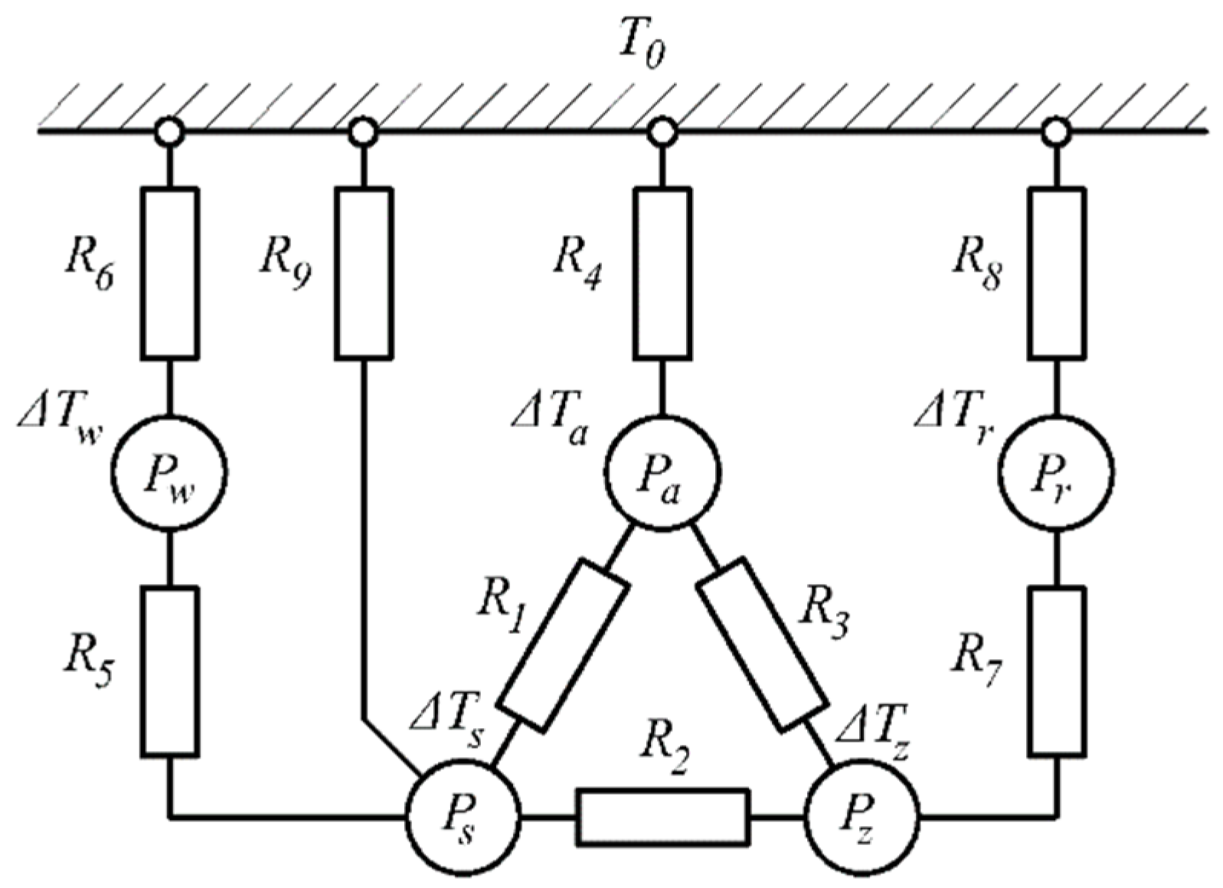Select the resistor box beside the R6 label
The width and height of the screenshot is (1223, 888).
[169, 273]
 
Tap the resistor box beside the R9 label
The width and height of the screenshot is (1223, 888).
[364, 273]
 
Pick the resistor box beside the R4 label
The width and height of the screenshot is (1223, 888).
[662, 273]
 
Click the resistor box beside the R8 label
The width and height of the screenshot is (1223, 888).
[1056, 273]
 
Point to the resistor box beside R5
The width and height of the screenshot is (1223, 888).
[169, 671]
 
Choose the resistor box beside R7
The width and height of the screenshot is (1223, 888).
[1056, 671]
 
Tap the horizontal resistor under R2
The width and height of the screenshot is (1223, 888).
[662, 818]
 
